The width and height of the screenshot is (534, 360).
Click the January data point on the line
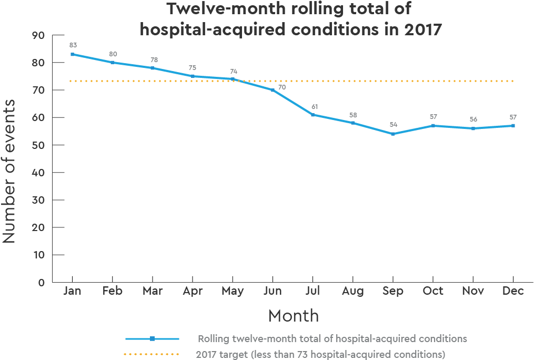coord(72,54)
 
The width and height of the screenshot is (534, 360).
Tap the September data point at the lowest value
coord(393,134)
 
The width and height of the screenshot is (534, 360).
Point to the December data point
coord(513,126)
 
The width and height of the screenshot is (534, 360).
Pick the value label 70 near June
coord(282,87)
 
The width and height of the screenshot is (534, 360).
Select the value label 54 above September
coord(394,125)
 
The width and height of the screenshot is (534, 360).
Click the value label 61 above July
coord(314,107)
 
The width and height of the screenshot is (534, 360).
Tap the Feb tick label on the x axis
coord(113,291)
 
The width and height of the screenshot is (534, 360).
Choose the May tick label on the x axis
coord(233,291)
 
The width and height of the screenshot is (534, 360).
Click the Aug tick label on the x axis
coord(353,291)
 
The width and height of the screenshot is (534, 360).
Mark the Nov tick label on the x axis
coord(473,291)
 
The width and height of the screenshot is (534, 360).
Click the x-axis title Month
coord(294,316)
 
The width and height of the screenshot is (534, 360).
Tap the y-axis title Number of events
coord(9,171)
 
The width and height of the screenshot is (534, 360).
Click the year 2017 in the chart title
coord(422,29)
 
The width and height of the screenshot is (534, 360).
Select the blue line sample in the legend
coord(152,338)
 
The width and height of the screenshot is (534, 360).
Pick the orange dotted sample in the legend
coord(152,354)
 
